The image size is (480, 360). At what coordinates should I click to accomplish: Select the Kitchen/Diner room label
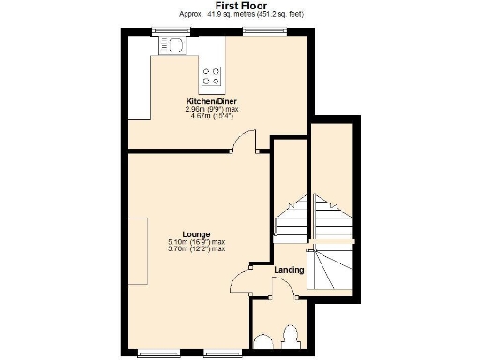(x=212, y=100)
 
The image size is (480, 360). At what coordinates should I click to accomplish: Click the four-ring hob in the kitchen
(x=211, y=77)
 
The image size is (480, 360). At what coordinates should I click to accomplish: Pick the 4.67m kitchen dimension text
(x=212, y=116)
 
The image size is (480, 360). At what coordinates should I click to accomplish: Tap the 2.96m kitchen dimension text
(x=212, y=109)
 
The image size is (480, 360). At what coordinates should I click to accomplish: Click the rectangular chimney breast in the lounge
(x=138, y=244)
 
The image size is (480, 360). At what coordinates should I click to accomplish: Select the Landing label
(x=288, y=270)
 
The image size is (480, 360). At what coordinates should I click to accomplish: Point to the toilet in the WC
(x=290, y=337)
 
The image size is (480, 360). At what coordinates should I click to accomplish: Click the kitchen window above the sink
(x=172, y=31)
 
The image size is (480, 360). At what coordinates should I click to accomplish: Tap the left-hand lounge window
(x=152, y=353)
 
